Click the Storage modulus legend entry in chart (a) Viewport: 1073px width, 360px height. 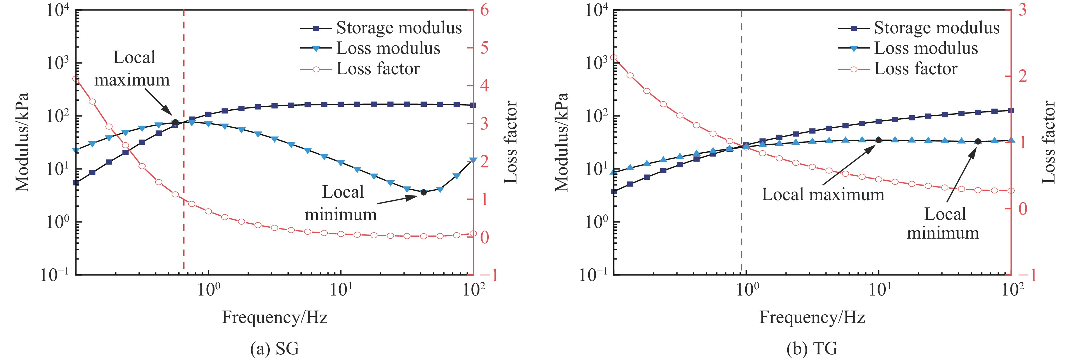click(399, 28)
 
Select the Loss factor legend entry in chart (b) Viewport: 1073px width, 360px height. click(915, 69)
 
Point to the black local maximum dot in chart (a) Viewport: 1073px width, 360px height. click(175, 122)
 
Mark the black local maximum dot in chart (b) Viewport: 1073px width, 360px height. click(878, 140)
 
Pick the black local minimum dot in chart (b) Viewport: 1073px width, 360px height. click(978, 141)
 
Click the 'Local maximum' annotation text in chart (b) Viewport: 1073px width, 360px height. click(823, 195)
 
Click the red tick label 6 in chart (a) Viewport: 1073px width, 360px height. click(484, 10)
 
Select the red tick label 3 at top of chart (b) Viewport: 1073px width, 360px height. click(1022, 10)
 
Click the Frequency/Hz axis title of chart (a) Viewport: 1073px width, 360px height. click(274, 317)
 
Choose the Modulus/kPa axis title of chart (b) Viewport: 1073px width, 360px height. click(562, 142)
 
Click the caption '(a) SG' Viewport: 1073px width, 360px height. click(274, 348)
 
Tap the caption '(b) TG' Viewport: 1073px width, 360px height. click(812, 348)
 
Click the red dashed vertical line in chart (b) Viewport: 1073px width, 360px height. click(741, 208)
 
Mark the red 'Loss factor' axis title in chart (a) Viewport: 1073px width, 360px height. click(511, 142)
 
